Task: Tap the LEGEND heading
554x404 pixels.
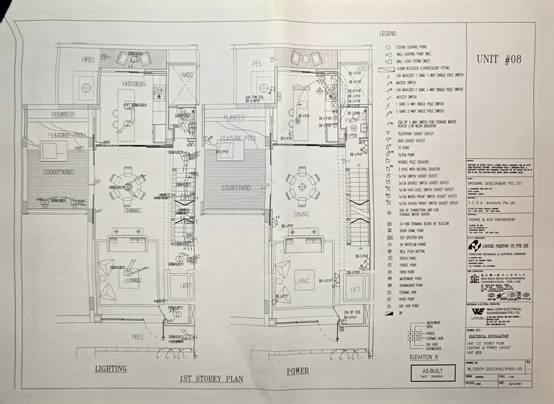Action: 387,34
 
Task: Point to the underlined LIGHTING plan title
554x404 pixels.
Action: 111,369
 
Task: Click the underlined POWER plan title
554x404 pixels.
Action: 297,371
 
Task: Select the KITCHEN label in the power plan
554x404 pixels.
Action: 302,88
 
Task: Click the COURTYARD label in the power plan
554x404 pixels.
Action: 235,188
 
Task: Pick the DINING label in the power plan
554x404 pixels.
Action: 302,215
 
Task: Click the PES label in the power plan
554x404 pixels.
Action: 256,63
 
